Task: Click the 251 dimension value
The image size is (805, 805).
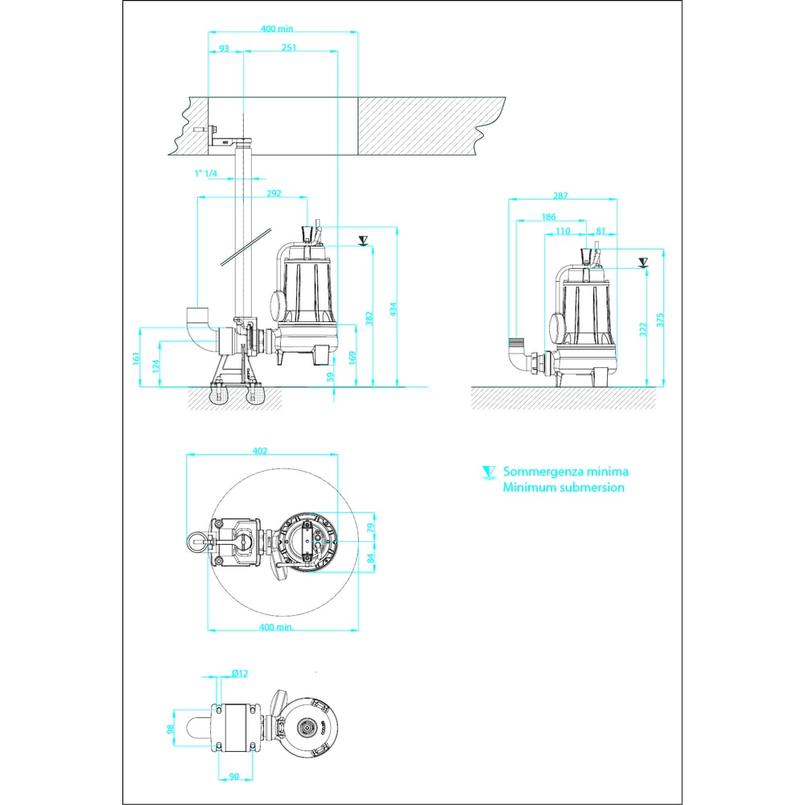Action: click(x=289, y=47)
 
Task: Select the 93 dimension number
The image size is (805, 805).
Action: click(x=224, y=48)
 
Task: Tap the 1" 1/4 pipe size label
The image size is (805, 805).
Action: click(x=205, y=174)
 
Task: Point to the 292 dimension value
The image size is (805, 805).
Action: click(x=275, y=193)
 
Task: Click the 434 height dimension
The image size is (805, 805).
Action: click(x=393, y=309)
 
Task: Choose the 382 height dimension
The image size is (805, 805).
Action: click(x=369, y=318)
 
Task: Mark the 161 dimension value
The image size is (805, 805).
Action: click(x=136, y=358)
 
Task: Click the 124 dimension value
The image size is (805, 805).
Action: click(x=157, y=365)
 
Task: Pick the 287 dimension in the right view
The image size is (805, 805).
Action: click(x=560, y=196)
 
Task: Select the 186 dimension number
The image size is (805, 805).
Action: click(x=549, y=217)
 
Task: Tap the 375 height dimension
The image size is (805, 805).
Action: click(x=660, y=320)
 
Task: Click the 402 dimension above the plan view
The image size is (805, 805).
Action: click(x=260, y=451)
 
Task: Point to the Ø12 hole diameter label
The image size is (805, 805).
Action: click(x=240, y=673)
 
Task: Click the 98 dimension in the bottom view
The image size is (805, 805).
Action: click(x=171, y=729)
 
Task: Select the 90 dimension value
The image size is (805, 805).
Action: click(x=234, y=776)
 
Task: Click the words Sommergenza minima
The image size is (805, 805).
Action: click(x=566, y=472)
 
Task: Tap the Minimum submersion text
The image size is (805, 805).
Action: click(x=563, y=487)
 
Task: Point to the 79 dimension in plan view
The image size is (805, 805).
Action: click(x=370, y=527)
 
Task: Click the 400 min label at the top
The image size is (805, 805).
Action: click(x=277, y=29)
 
